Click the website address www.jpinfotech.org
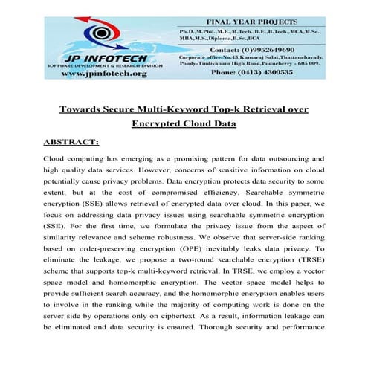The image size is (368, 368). pos(103,74)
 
